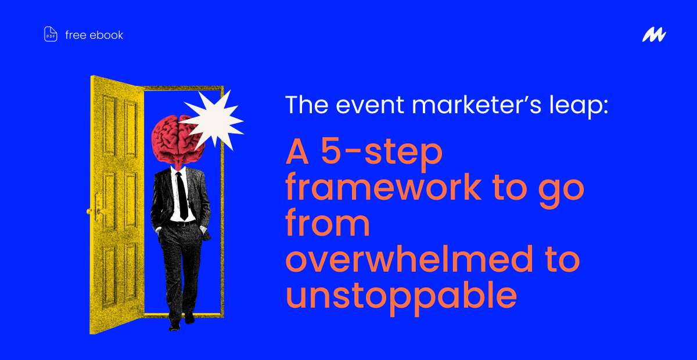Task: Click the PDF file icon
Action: click(x=51, y=34)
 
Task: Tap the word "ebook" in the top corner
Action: click(x=106, y=35)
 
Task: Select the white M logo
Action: click(x=654, y=34)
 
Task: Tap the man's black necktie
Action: click(x=182, y=196)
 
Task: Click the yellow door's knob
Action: click(x=89, y=211)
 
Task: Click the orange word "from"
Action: click(x=328, y=222)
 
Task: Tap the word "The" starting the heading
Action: click(x=307, y=105)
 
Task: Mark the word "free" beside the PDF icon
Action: click(x=76, y=35)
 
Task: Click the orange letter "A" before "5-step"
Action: click(x=297, y=151)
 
